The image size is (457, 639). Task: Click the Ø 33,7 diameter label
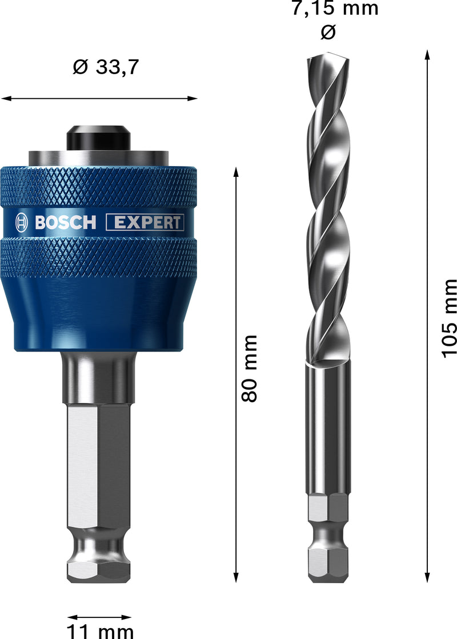[106, 67]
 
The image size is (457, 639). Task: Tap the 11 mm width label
[101, 630]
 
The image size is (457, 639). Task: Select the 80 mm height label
[250, 368]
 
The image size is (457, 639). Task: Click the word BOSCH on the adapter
[65, 223]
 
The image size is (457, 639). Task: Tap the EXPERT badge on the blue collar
[145, 223]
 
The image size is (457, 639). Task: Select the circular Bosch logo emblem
[22, 222]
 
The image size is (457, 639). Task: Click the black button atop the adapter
[99, 137]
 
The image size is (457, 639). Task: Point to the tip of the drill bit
[328, 56]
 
